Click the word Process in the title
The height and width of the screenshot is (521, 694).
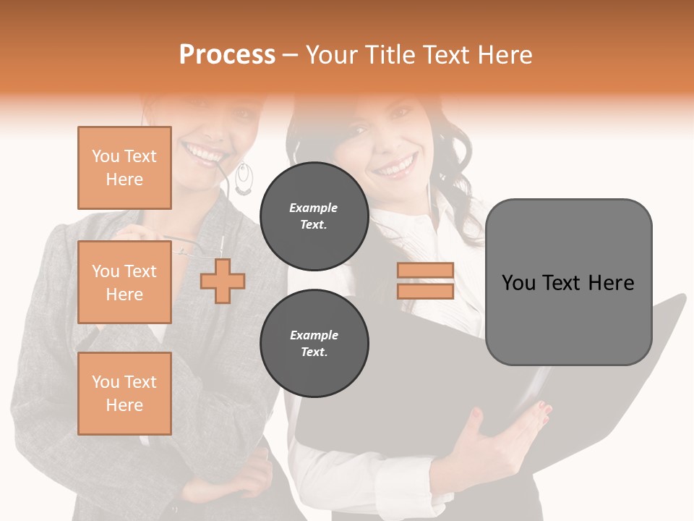click(227, 55)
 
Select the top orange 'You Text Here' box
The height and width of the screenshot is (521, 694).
click(124, 168)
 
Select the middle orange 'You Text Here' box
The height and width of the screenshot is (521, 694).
click(124, 282)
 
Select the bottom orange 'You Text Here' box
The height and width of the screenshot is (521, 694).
click(124, 393)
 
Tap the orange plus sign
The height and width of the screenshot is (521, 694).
click(223, 281)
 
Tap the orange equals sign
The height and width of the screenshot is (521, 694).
click(425, 281)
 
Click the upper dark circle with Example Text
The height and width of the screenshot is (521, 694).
click(314, 216)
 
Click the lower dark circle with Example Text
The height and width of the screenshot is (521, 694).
click(314, 343)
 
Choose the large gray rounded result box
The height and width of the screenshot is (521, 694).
click(568, 282)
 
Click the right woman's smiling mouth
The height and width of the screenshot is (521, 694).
click(395, 168)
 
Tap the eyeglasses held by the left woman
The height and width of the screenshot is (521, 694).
click(189, 247)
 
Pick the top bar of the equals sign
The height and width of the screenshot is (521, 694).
click(425, 271)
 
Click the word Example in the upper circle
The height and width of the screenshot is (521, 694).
click(314, 208)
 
